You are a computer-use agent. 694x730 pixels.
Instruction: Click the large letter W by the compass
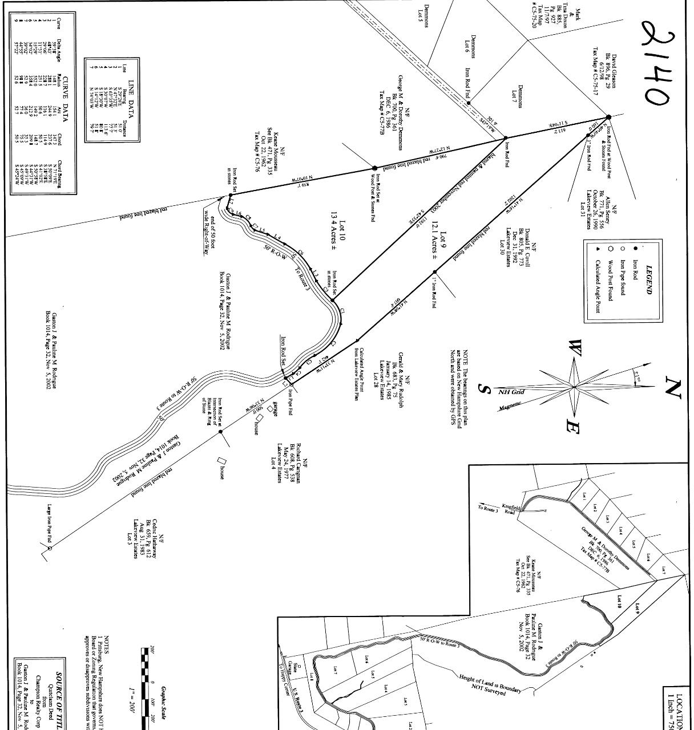tap(575, 347)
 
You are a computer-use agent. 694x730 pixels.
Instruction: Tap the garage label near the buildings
tap(275, 409)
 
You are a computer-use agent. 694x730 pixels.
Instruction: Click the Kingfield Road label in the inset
tap(510, 508)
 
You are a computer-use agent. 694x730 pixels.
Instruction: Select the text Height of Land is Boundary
tap(490, 683)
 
